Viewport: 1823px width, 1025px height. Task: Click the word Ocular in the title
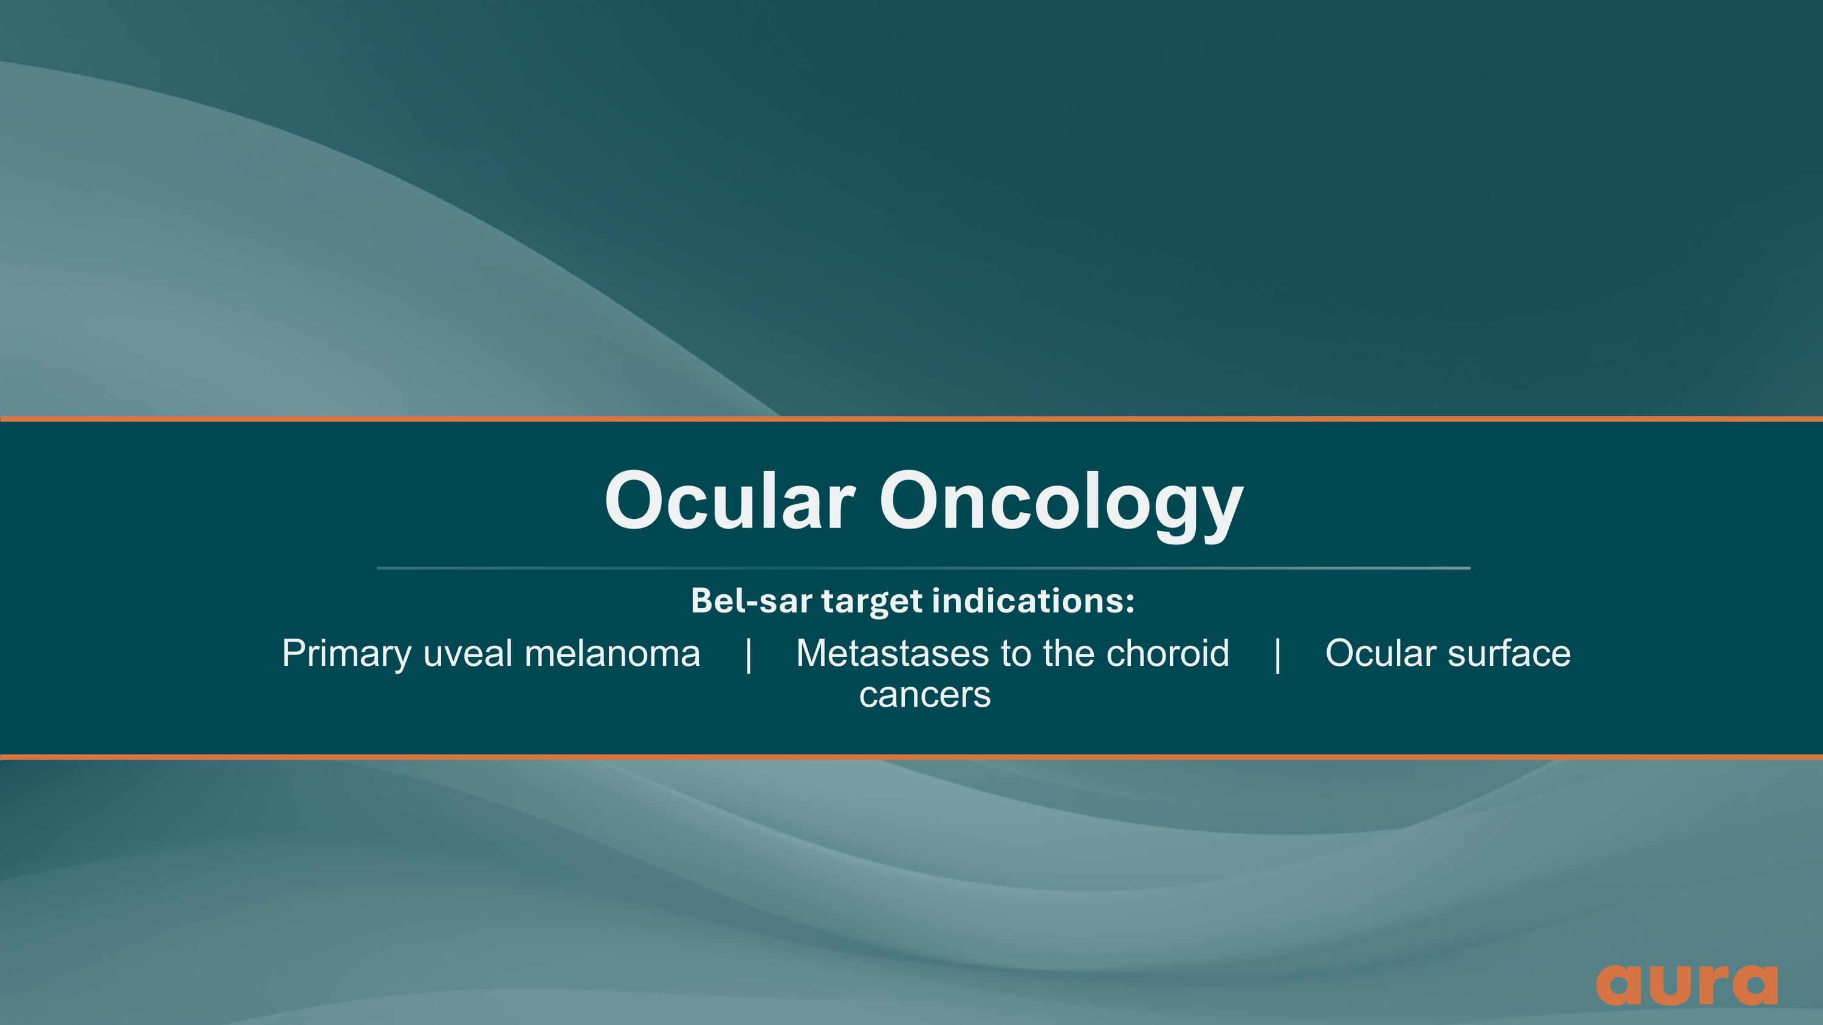pos(730,501)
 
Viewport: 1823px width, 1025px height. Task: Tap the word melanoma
pos(612,654)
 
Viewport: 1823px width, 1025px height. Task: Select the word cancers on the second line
pos(925,694)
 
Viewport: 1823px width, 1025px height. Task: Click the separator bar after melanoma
pos(749,654)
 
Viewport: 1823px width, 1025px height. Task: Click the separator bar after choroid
pos(1277,654)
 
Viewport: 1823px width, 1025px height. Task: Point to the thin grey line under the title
pos(924,568)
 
